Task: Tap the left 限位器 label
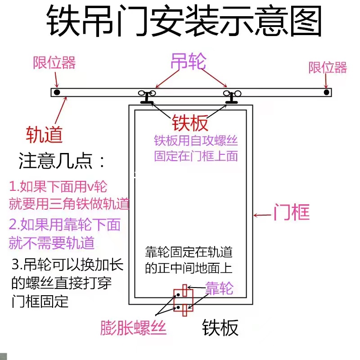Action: [x=54, y=63]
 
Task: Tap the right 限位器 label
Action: [x=328, y=67]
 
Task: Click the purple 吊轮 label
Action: [x=188, y=62]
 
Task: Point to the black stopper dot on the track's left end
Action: [x=57, y=92]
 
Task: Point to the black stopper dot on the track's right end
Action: [x=326, y=92]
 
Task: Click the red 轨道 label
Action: [x=44, y=134]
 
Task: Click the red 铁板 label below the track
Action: [x=190, y=122]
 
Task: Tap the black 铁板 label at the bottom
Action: [x=220, y=328]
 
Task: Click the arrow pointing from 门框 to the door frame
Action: [x=262, y=215]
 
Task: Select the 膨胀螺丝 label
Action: [x=134, y=328]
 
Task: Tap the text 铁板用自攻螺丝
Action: [x=196, y=141]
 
